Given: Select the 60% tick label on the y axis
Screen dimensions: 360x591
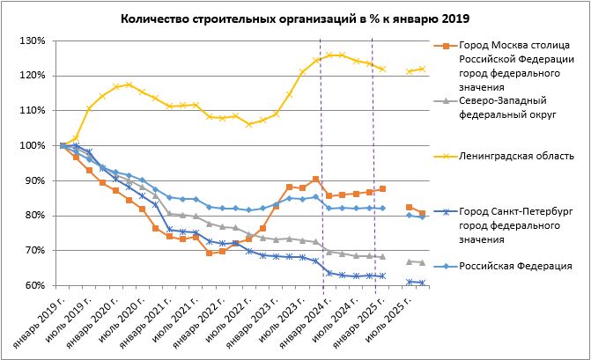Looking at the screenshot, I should tap(35, 285).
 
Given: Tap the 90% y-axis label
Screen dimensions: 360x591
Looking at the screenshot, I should tap(35, 180).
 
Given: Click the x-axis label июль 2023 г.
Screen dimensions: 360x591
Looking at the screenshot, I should tap(284, 320).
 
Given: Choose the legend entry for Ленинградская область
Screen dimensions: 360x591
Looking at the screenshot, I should tap(506, 156).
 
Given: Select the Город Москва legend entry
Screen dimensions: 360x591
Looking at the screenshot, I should tap(506, 66).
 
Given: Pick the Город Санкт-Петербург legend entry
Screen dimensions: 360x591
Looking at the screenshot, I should tap(506, 225).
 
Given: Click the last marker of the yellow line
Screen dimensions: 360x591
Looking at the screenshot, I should tap(422, 69).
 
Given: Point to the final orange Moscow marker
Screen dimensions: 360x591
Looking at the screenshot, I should tap(422, 213).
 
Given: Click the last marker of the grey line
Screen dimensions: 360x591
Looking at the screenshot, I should tap(422, 262).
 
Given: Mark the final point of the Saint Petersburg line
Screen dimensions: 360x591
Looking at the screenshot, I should tap(422, 283).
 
